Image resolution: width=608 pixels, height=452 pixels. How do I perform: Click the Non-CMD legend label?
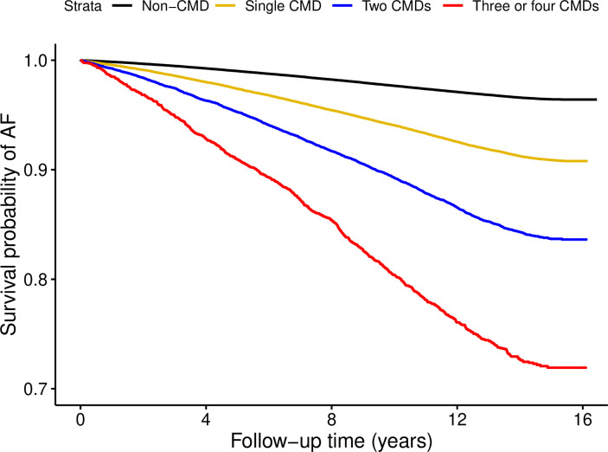pyautogui.click(x=176, y=6)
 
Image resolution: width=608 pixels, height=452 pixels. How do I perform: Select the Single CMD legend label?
pyautogui.click(x=283, y=6)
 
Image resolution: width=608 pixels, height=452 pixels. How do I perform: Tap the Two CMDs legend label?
pyautogui.click(x=396, y=6)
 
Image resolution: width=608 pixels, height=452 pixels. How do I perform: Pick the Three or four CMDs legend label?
pyautogui.click(x=535, y=6)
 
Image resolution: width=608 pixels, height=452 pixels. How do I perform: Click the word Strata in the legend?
pyautogui.click(x=82, y=6)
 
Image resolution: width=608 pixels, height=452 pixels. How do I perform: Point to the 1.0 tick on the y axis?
pyautogui.click(x=36, y=61)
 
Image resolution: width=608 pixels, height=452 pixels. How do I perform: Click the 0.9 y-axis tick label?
pyautogui.click(x=36, y=170)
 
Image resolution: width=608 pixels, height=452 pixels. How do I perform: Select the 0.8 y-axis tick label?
pyautogui.click(x=36, y=280)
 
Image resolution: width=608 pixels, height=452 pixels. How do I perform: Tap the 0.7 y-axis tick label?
pyautogui.click(x=36, y=389)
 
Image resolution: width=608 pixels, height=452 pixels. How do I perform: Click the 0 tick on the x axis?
pyautogui.click(x=80, y=420)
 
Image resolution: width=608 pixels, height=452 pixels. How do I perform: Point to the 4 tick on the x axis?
pyautogui.click(x=206, y=420)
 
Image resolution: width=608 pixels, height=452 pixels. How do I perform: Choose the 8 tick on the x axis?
pyautogui.click(x=331, y=420)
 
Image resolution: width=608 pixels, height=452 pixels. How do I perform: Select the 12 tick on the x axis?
pyautogui.click(x=458, y=420)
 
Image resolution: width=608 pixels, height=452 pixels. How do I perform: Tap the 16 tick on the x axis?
pyautogui.click(x=583, y=420)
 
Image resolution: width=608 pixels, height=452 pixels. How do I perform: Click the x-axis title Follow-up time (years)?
pyautogui.click(x=331, y=441)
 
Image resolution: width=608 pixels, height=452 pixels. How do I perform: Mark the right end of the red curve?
pyautogui.click(x=586, y=367)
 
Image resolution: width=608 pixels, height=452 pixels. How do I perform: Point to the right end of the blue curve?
pyautogui.click(x=586, y=240)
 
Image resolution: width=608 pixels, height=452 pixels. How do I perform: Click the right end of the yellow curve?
pyautogui.click(x=586, y=161)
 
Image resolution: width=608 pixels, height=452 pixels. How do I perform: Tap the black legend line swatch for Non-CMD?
pyautogui.click(x=122, y=6)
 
